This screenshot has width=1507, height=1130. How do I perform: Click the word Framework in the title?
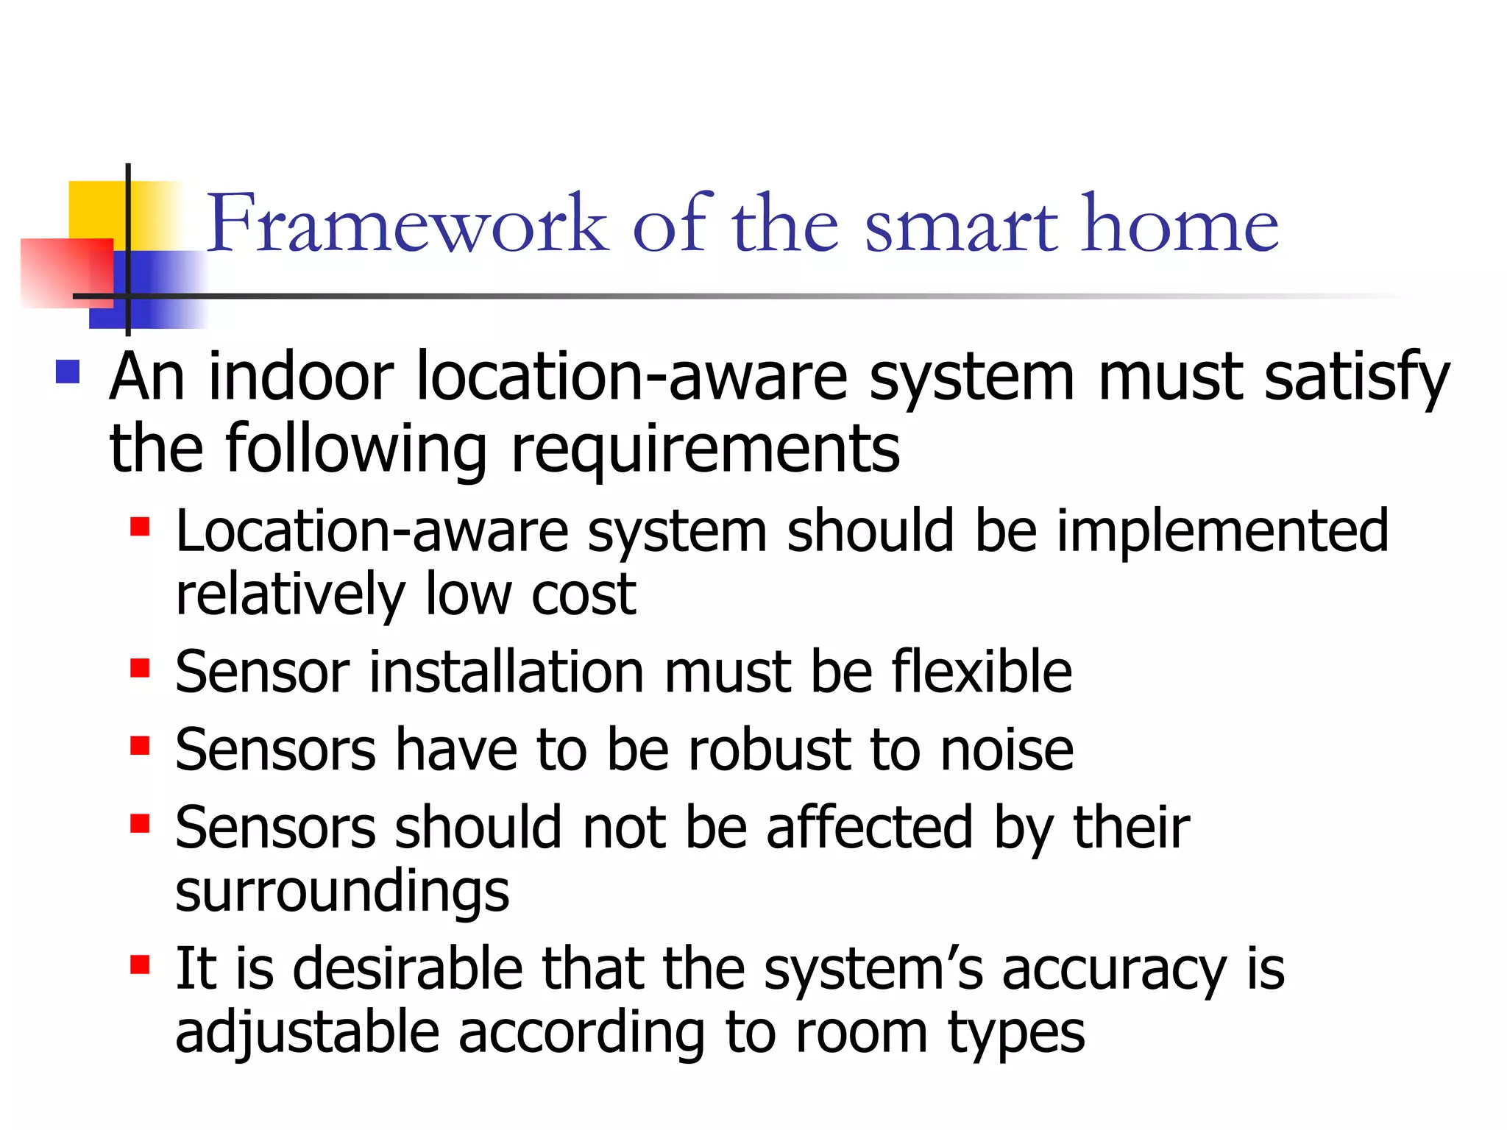coord(407,223)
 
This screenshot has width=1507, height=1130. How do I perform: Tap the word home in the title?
coord(1180,223)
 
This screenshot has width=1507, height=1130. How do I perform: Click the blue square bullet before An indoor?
coord(68,372)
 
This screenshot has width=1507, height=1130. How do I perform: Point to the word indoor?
coord(301,377)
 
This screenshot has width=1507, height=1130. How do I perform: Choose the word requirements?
coord(705,450)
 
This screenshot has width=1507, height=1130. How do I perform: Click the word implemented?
coord(1222,530)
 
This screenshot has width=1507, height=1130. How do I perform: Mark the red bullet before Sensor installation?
coord(140,668)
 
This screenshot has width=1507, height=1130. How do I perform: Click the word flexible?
coord(982,672)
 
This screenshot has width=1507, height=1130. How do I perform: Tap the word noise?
coord(1007,751)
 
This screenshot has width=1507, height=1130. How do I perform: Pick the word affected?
coord(870,828)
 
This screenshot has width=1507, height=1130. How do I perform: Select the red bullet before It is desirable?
coord(140,964)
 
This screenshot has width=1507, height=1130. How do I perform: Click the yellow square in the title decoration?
coord(96,209)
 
